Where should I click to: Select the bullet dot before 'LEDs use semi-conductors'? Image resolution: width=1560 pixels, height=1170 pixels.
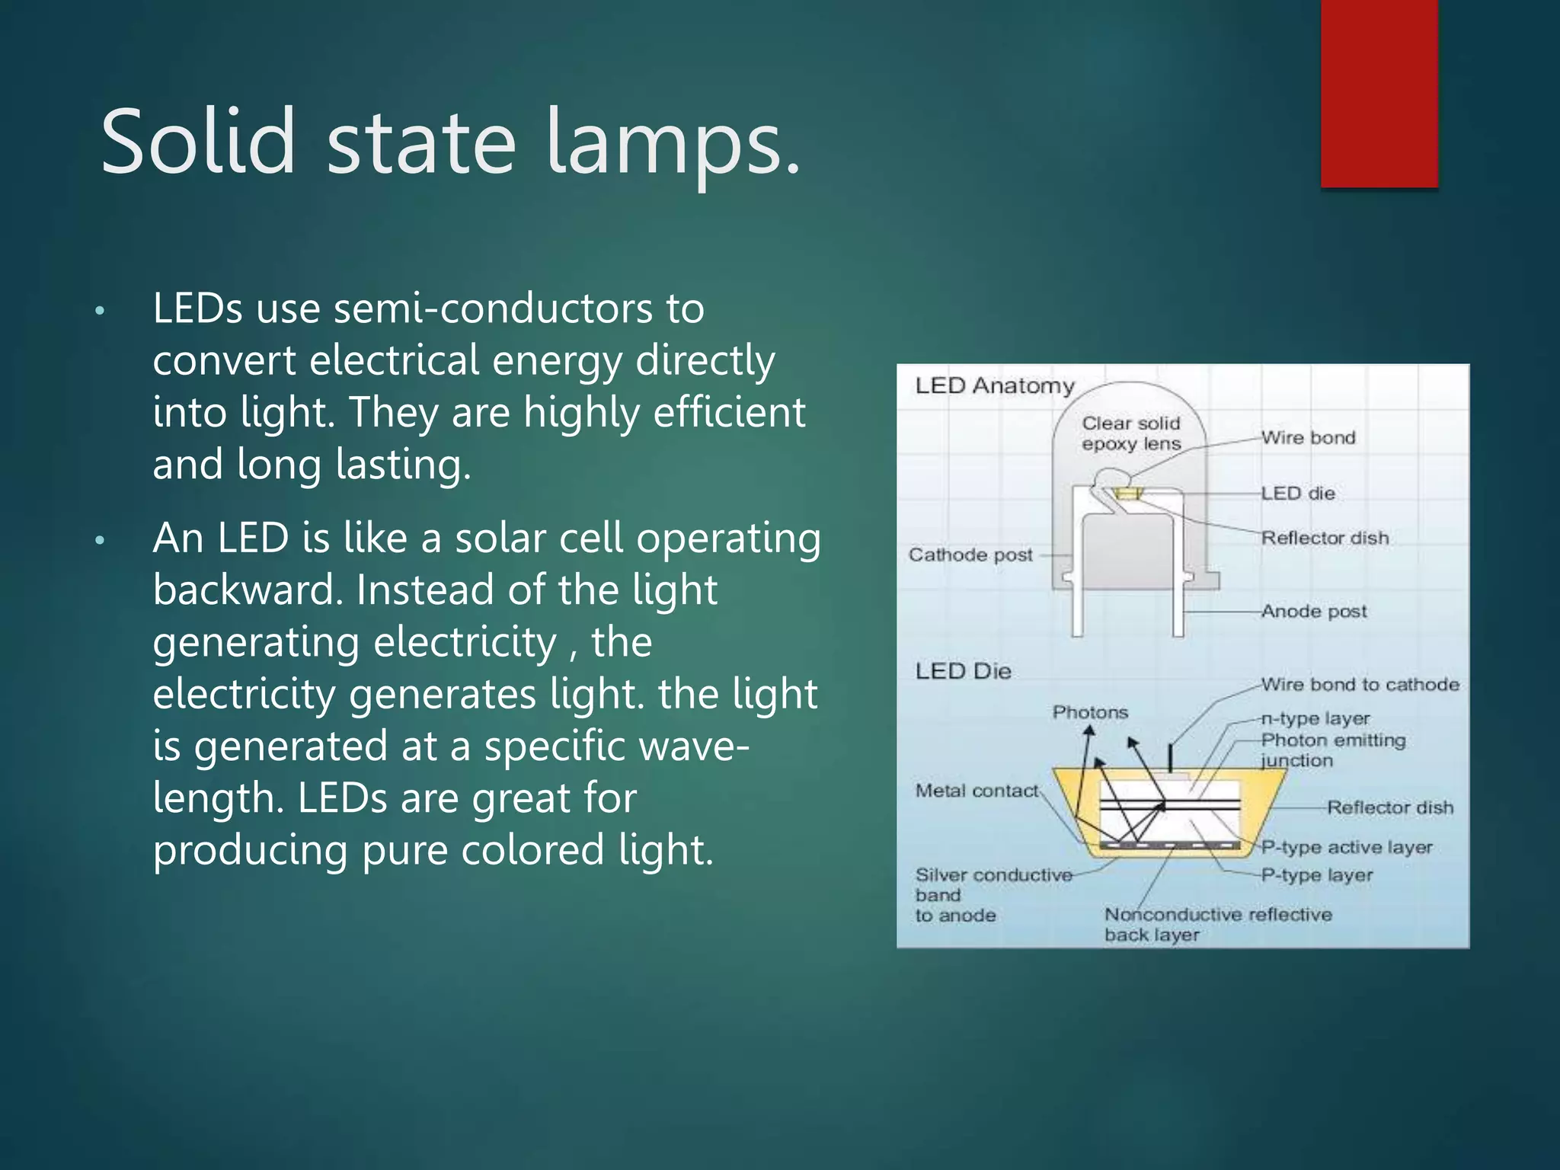tap(99, 312)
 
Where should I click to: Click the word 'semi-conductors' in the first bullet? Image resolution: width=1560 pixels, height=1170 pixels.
tap(493, 308)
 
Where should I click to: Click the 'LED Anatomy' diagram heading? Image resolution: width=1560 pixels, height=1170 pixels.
tap(994, 386)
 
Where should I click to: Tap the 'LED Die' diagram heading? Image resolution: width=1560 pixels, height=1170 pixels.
tap(963, 671)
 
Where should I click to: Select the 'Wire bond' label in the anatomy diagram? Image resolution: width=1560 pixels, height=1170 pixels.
tap(1308, 438)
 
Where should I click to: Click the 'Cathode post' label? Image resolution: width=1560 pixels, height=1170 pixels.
tap(970, 555)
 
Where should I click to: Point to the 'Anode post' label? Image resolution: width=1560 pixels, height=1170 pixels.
tap(1314, 611)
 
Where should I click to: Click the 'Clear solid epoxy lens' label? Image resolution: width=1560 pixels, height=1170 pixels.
tap(1130, 433)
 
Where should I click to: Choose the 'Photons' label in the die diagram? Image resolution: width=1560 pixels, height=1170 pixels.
tap(1090, 712)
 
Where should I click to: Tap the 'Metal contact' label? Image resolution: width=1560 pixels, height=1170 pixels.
tap(977, 791)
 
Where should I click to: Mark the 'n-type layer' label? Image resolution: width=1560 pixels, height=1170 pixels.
tap(1315, 718)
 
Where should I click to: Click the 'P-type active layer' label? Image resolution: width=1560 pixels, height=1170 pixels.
tap(1347, 847)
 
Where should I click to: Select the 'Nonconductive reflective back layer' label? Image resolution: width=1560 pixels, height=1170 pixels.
tap(1217, 924)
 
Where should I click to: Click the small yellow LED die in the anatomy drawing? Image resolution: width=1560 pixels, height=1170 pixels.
tap(1127, 494)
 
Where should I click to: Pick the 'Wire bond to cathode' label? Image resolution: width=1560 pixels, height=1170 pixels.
tap(1360, 684)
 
